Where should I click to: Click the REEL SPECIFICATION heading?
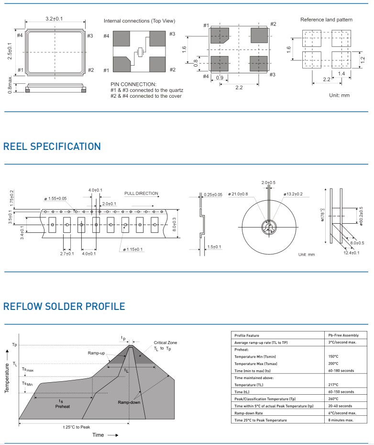coord(52,147)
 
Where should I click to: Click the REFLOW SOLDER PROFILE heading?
coord(64,307)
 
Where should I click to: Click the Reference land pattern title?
coord(326,20)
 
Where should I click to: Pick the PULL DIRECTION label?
coord(141,194)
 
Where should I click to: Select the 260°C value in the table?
coord(333,399)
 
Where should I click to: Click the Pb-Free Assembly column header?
coord(340,335)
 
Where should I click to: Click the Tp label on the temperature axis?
coord(14,345)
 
